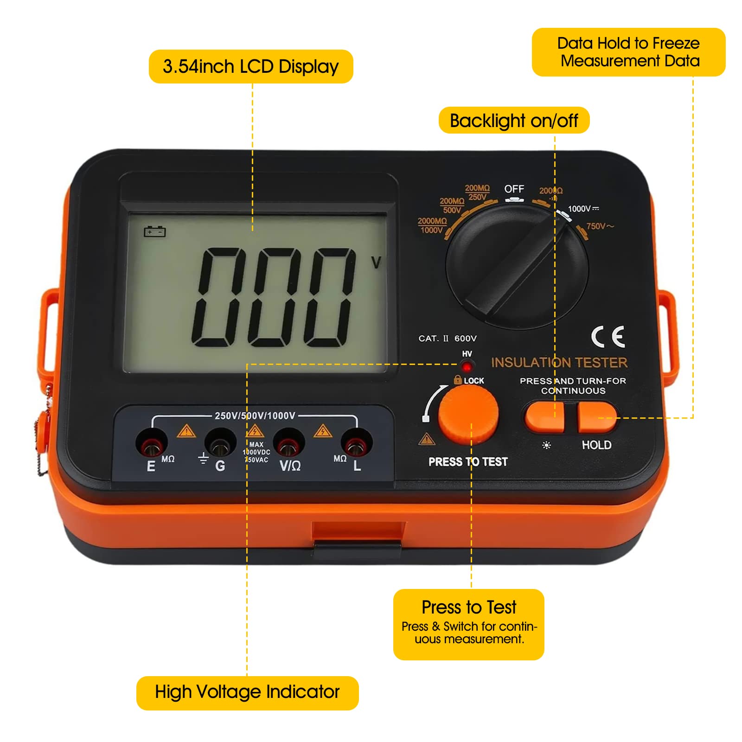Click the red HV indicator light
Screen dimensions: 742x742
467,367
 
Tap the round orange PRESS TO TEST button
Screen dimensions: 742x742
468,414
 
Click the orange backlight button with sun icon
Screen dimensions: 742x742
544,416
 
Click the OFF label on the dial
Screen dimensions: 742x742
514,189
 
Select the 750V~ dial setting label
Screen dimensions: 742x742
600,226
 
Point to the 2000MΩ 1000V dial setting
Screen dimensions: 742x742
432,225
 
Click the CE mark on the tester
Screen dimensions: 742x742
608,337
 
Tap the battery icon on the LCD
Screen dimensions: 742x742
154,231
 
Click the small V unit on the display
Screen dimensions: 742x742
376,263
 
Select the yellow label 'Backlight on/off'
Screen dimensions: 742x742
514,121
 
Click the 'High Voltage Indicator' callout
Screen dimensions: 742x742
247,692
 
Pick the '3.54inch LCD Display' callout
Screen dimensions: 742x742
251,67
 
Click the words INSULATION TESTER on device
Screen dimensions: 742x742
559,362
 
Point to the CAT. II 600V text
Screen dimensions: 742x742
447,339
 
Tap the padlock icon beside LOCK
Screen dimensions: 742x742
458,380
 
